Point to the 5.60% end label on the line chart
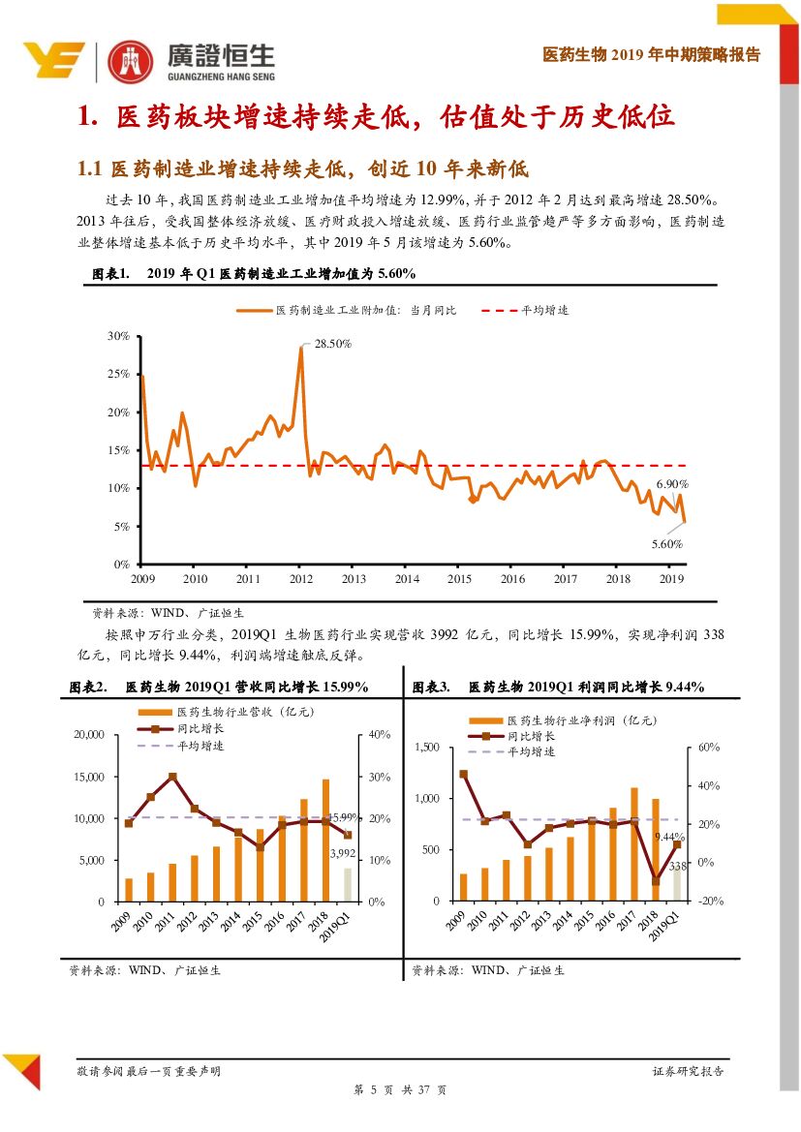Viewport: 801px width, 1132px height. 666,543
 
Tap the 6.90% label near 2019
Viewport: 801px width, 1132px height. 672,483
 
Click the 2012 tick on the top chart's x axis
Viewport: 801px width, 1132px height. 301,579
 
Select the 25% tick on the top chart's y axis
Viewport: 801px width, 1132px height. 119,374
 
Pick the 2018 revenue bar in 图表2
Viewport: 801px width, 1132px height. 326,840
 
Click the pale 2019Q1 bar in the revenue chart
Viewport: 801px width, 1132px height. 349,884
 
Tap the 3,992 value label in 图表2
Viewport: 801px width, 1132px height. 344,853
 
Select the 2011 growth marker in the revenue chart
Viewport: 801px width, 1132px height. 173,777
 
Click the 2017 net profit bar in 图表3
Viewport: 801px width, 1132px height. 634,843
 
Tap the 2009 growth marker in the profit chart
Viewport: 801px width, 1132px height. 463,774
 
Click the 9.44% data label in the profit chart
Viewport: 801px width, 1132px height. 669,836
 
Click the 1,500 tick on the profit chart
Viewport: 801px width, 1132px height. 426,748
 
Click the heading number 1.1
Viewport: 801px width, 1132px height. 90,168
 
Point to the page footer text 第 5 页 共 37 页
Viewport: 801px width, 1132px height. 399,1090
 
